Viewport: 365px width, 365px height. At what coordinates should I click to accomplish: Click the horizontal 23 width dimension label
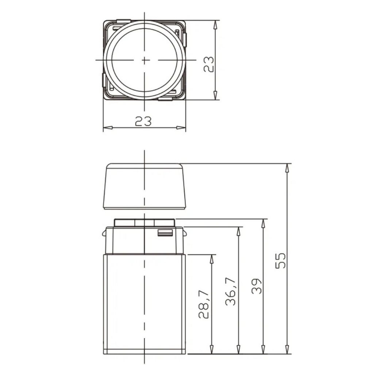(x=143, y=121)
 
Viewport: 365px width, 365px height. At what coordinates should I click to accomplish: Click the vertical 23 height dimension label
(x=208, y=64)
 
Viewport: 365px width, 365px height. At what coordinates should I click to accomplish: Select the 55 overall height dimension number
(x=280, y=261)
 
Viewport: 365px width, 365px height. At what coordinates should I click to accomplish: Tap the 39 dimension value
(x=257, y=286)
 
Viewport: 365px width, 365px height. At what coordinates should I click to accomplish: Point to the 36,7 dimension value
(x=231, y=291)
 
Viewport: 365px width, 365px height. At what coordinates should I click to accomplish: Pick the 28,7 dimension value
(x=204, y=304)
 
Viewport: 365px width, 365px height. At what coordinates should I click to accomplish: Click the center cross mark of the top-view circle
(x=145, y=60)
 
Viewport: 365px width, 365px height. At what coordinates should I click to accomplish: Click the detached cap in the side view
(x=145, y=186)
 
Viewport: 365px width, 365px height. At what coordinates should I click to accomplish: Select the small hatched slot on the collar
(x=165, y=233)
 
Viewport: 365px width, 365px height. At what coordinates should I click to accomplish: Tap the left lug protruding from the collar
(x=104, y=233)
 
